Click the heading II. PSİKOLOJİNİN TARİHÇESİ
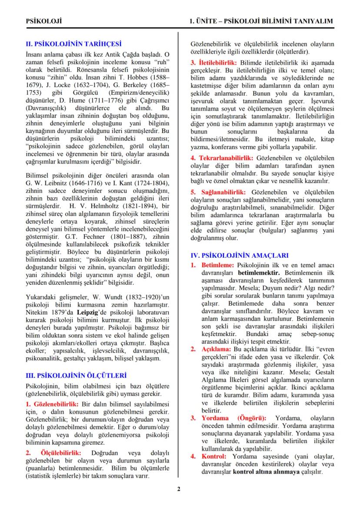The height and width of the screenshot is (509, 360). [x=73, y=44]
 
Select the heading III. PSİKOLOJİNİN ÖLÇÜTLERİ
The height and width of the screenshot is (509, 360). [x=76, y=374]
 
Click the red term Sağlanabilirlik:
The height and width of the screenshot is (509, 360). [x=223, y=192]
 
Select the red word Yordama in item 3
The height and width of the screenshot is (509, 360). [x=215, y=418]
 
